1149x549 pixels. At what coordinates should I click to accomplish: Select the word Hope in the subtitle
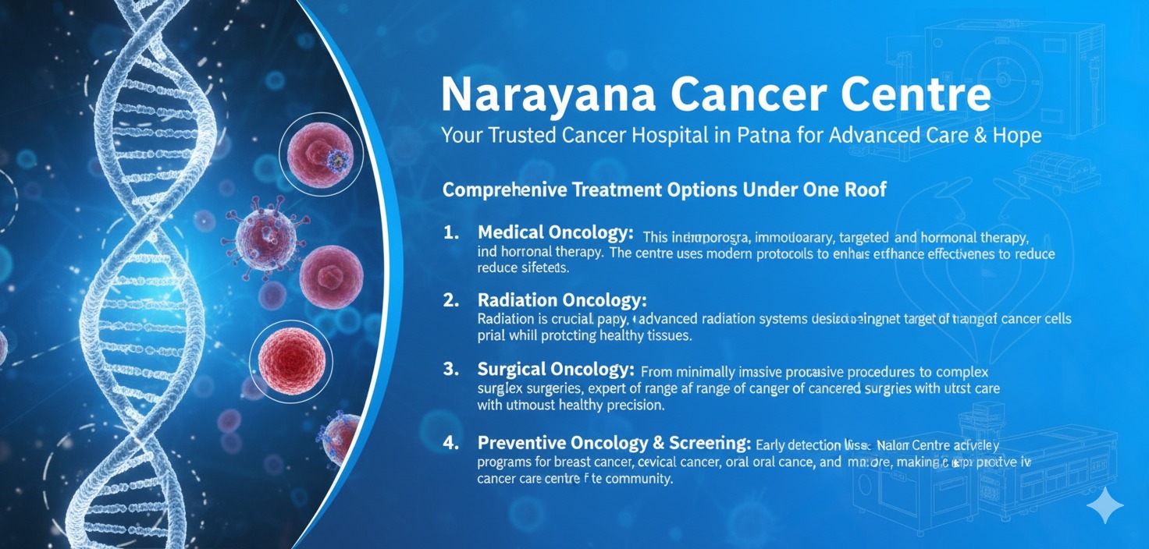click(1012, 135)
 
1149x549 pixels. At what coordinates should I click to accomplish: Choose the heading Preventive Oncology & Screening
click(614, 443)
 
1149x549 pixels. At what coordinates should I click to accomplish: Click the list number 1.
click(450, 233)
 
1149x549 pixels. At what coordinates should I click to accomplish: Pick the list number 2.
click(450, 300)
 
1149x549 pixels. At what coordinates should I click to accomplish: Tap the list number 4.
click(450, 443)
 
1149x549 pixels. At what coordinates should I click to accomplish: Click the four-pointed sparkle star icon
click(1105, 507)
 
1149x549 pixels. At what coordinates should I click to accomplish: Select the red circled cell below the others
click(291, 360)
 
